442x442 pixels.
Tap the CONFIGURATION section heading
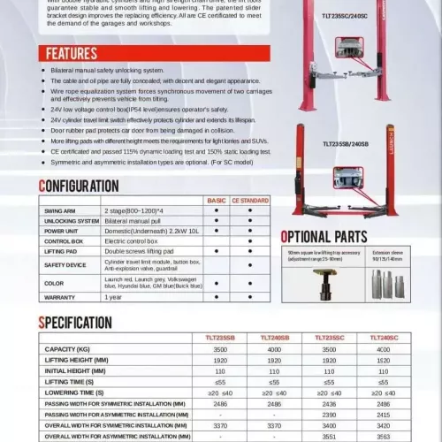pyautogui.click(x=79, y=186)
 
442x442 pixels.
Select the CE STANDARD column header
pyautogui.click(x=250, y=202)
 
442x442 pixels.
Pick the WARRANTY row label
pyautogui.click(x=58, y=297)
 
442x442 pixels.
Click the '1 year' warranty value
pyautogui.click(x=113, y=297)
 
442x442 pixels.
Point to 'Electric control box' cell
pyautogui.click(x=133, y=240)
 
